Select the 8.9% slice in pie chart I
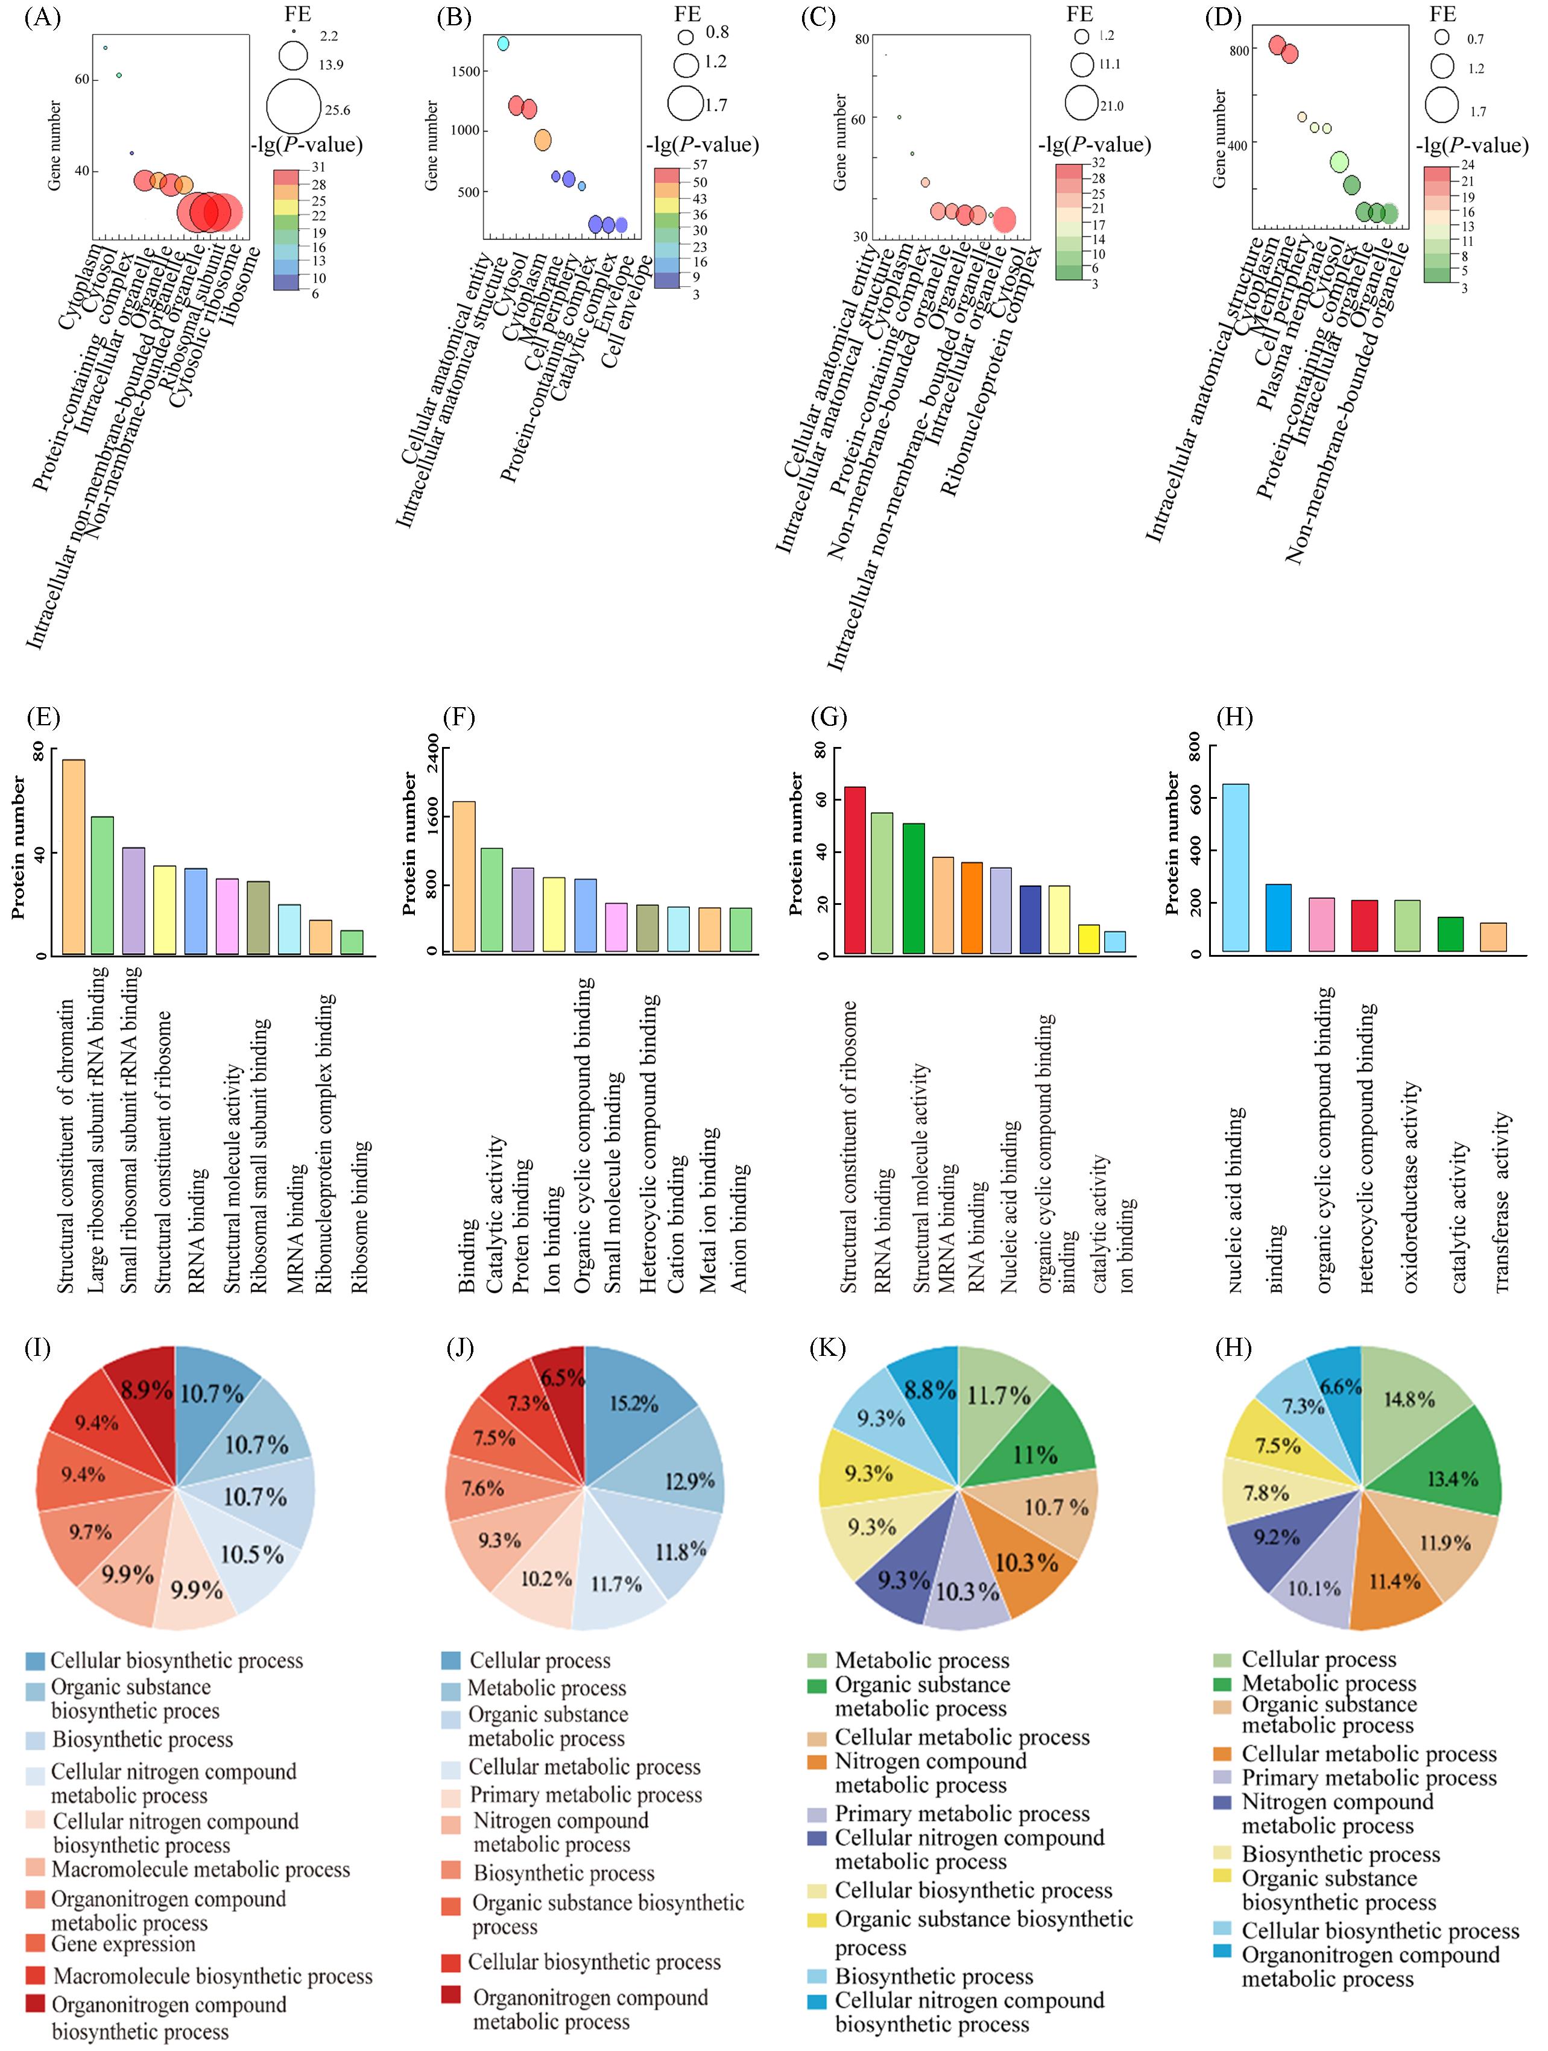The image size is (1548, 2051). click(147, 1393)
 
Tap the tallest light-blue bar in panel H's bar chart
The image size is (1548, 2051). click(1236, 867)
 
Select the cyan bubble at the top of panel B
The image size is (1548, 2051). click(503, 43)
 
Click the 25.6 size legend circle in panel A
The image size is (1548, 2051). click(293, 107)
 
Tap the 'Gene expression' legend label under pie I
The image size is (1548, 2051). click(124, 1944)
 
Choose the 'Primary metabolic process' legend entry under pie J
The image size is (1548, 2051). click(586, 1795)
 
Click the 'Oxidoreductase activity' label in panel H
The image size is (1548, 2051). click(1410, 1187)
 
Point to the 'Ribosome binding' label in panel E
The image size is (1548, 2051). click(361, 1215)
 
